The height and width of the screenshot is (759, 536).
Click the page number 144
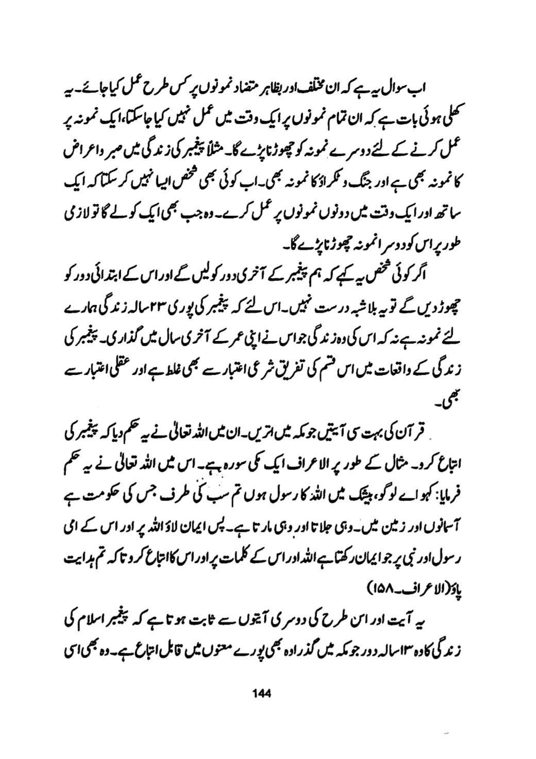(262, 693)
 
